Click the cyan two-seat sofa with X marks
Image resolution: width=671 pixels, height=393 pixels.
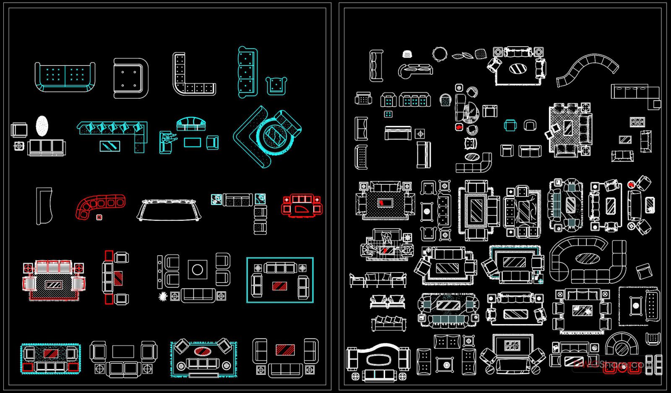pos(65,76)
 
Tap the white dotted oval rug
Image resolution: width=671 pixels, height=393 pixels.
pos(42,126)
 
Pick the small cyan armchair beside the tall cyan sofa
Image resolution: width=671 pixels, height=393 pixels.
pos(276,85)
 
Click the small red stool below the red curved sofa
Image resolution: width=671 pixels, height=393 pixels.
pos(99,217)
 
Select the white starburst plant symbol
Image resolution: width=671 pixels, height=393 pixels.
pos(163,296)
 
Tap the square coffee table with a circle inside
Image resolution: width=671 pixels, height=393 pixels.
pos(198,270)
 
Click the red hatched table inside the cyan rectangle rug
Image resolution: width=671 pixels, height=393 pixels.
pos(280,286)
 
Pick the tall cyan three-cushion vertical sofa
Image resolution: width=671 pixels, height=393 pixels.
pos(247,72)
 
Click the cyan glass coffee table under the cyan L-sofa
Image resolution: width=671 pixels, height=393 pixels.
pos(110,146)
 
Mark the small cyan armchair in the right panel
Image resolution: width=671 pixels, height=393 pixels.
pos(510,125)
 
